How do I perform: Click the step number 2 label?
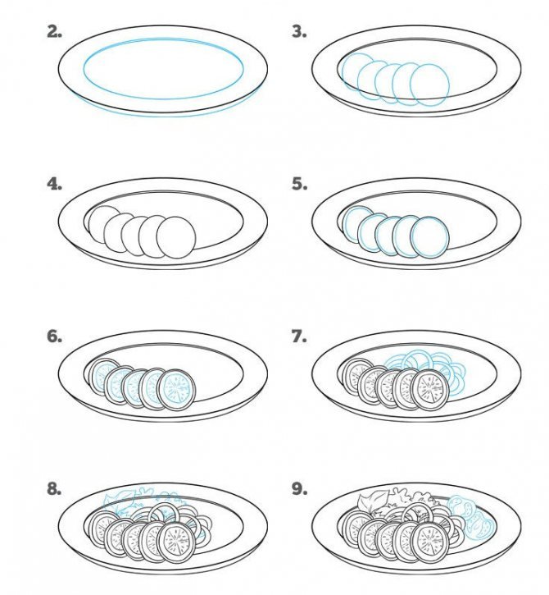(55, 32)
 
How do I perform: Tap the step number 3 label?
(299, 32)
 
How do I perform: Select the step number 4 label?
(55, 184)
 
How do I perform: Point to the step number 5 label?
(299, 184)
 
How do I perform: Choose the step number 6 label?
(55, 336)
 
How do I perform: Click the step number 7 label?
(299, 336)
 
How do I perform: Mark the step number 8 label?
(55, 489)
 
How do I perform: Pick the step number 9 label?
(299, 489)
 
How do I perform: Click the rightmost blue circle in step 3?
(429, 85)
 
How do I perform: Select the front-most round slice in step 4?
(176, 237)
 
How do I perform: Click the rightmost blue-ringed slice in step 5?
(429, 237)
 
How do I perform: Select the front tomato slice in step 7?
(429, 390)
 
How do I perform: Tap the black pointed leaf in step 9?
(373, 501)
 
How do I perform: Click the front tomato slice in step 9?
(429, 542)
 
